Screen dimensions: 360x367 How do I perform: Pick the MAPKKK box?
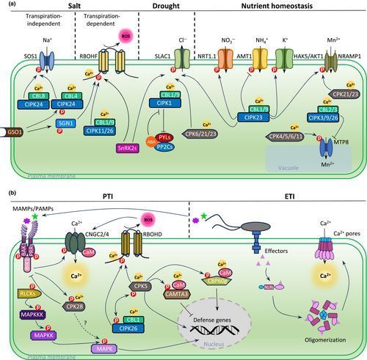tap(29, 294)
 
